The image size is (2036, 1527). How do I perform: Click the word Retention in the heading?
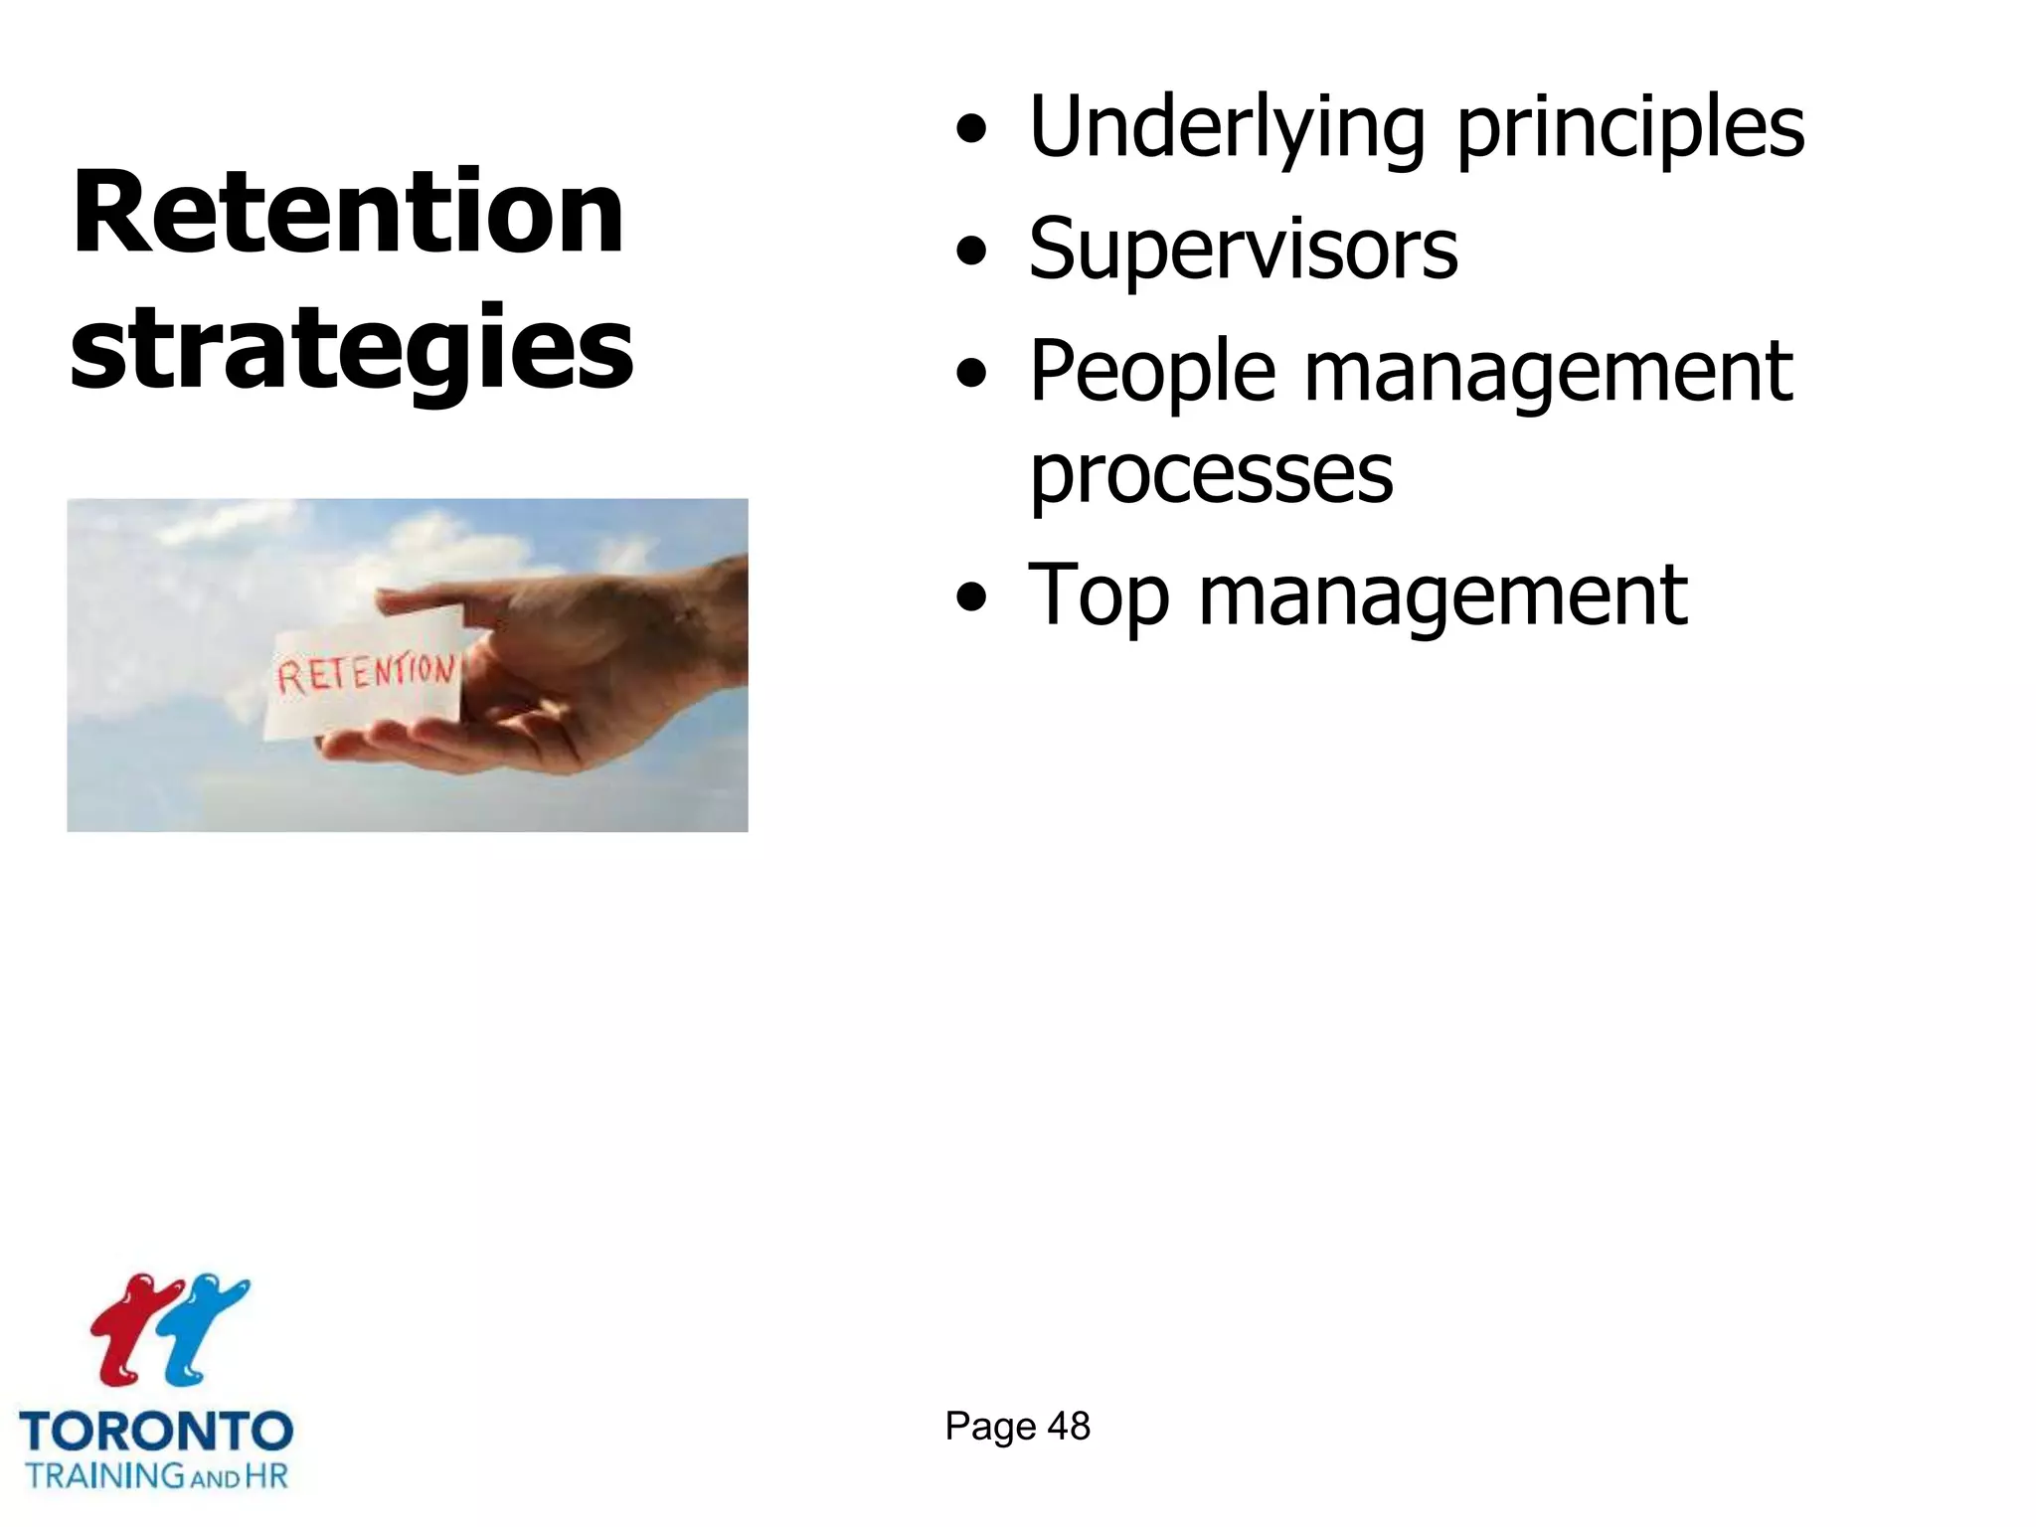348,214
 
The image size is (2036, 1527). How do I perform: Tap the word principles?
1630,129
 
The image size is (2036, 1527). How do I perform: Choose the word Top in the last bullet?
1099,596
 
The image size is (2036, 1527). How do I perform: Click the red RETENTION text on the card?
366,674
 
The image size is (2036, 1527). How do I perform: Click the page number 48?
1069,1427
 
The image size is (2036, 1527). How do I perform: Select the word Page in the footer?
989,1427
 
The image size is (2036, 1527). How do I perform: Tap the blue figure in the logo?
204,1327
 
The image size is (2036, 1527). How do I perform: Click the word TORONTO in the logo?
156,1433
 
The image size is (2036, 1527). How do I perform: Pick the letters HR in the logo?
265,1475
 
